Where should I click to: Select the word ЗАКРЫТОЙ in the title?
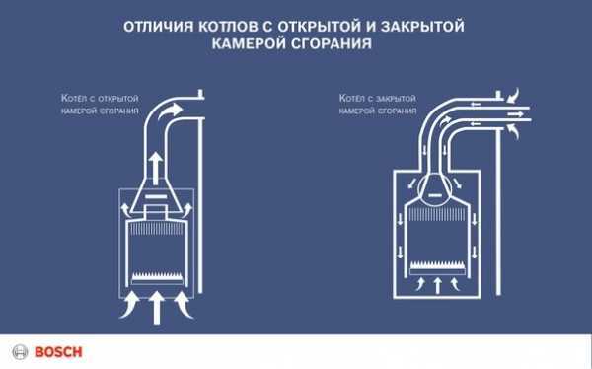pyautogui.click(x=422, y=27)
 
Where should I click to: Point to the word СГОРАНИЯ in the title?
pyautogui.click(x=332, y=43)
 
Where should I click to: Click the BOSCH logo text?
pyautogui.click(x=58, y=352)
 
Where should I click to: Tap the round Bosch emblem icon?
pyautogui.click(x=20, y=352)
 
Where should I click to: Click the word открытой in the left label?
pyautogui.click(x=118, y=99)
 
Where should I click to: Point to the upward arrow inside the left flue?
pyautogui.click(x=155, y=168)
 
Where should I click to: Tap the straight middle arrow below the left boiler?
pyautogui.click(x=156, y=307)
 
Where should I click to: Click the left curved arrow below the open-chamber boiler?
pyautogui.click(x=130, y=307)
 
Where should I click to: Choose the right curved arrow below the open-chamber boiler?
pyautogui.click(x=184, y=307)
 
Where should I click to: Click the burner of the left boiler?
pyautogui.click(x=158, y=279)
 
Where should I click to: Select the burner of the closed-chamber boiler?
pyautogui.click(x=437, y=267)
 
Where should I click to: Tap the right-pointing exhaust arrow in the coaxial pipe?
pyautogui.click(x=515, y=113)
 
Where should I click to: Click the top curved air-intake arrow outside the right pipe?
pyautogui.click(x=513, y=96)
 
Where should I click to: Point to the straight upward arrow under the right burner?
pyautogui.click(x=437, y=285)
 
